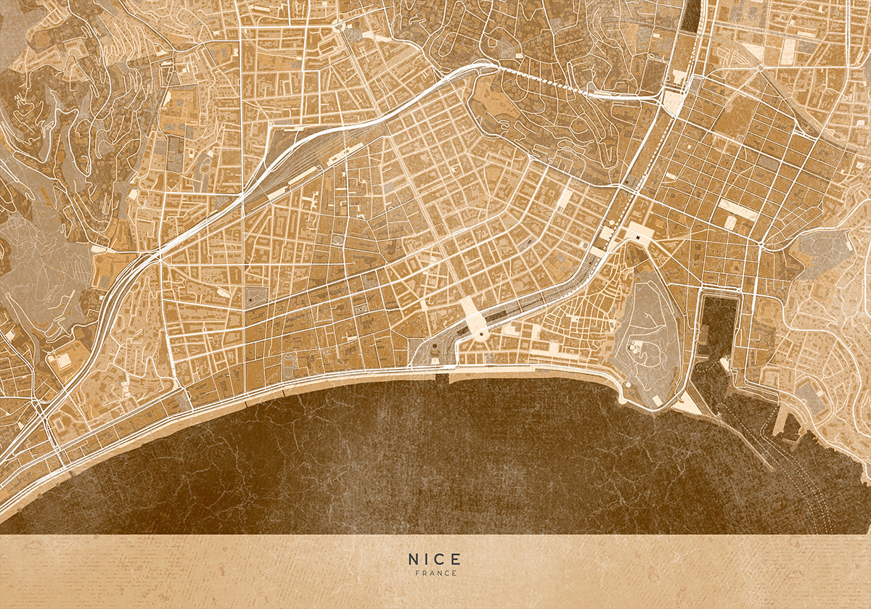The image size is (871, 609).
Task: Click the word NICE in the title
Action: pyautogui.click(x=434, y=559)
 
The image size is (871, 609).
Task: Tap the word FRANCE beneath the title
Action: pyautogui.click(x=436, y=573)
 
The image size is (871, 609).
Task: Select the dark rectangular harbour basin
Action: pyautogui.click(x=718, y=326)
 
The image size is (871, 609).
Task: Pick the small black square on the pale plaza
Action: pyautogui.click(x=637, y=235)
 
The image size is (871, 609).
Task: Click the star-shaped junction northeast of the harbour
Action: pyautogui.click(x=760, y=67)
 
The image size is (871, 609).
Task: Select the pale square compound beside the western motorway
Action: pyautogui.click(x=63, y=360)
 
